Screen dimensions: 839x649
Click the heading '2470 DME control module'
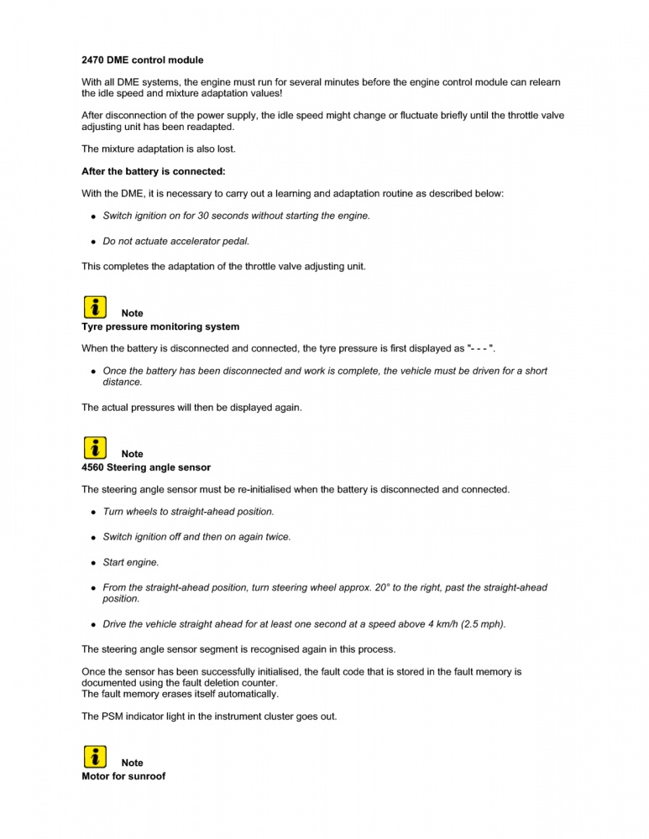click(x=142, y=60)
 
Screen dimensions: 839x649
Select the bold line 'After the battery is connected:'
click(x=154, y=171)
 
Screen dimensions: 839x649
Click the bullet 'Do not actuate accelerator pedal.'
click(x=175, y=241)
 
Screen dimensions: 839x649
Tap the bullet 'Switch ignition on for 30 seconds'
click(x=236, y=216)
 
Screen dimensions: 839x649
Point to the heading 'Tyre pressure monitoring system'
click(x=160, y=326)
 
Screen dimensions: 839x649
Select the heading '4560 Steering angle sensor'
click(x=146, y=467)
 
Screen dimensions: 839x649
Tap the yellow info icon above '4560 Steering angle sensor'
click(x=95, y=446)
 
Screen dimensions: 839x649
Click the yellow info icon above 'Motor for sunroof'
click(x=95, y=755)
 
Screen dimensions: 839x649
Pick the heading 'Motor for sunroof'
click(x=123, y=776)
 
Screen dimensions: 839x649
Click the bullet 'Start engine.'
click(x=131, y=562)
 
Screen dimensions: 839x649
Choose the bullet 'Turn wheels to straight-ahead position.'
click(x=188, y=511)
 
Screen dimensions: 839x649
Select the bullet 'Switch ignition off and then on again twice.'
click(x=196, y=537)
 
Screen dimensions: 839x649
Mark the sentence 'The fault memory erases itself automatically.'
click(x=180, y=694)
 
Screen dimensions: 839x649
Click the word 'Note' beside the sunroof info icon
click(x=132, y=763)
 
